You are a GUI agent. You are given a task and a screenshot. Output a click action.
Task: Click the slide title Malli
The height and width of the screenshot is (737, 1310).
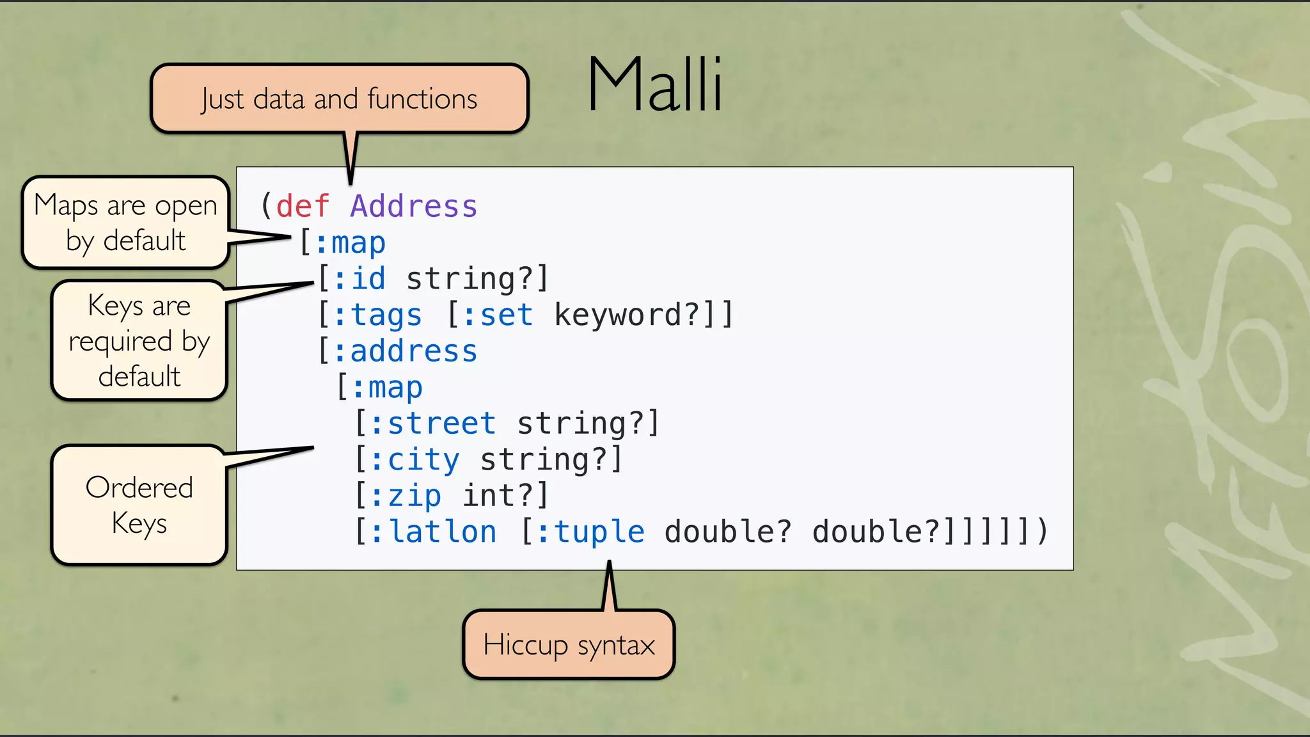[655, 85]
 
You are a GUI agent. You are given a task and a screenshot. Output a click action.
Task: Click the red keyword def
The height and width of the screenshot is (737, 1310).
[303, 207]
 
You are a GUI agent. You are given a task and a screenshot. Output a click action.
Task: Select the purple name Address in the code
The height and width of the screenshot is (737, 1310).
[414, 207]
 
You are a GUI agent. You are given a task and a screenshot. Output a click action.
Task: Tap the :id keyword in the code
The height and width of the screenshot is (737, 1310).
[359, 279]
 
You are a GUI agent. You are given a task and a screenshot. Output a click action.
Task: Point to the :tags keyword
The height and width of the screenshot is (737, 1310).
[377, 315]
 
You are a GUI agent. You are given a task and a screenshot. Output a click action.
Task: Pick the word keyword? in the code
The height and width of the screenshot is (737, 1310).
[627, 315]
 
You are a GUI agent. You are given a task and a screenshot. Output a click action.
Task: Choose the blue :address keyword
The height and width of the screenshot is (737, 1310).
[405, 351]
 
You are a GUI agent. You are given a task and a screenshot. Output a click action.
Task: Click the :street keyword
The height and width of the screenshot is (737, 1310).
[433, 424]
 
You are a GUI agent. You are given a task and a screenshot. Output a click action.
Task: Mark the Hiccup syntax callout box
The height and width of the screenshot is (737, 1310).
[569, 645]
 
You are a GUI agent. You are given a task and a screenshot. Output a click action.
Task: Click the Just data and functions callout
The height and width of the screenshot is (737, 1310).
[339, 99]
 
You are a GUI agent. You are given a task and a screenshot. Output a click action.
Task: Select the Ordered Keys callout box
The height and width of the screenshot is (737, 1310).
[139, 505]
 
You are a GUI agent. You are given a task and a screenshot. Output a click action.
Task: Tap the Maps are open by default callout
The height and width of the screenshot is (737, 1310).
[125, 223]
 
